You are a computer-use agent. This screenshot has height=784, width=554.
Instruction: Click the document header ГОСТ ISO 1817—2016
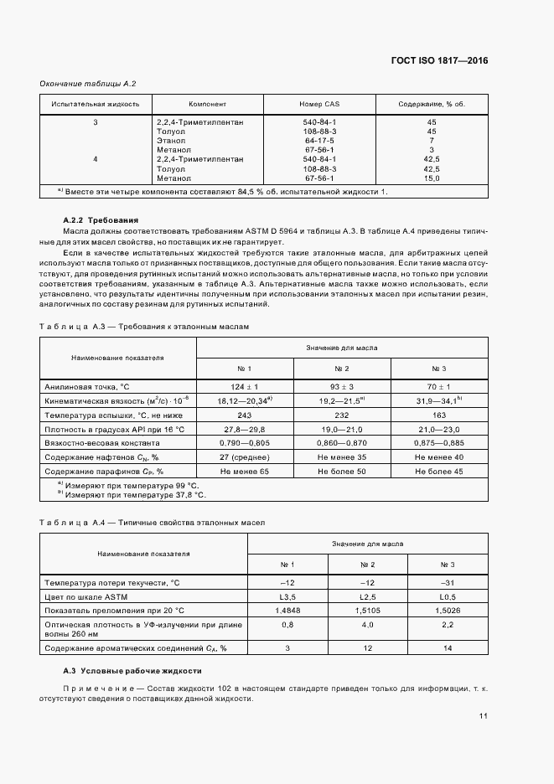click(438, 60)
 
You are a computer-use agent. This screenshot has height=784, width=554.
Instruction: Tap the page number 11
click(484, 716)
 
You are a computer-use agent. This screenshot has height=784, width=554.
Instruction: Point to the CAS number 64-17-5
click(319, 140)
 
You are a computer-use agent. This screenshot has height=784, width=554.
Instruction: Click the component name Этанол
click(171, 140)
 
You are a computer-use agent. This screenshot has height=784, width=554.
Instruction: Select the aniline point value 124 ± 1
click(245, 386)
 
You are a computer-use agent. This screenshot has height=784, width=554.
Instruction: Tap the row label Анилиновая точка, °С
click(88, 386)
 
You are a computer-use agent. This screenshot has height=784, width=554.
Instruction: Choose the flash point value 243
click(245, 415)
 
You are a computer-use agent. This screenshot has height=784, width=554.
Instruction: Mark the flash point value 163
click(440, 415)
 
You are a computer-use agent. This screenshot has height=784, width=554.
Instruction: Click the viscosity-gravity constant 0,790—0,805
click(245, 443)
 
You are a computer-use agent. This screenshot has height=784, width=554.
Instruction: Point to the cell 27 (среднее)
click(245, 457)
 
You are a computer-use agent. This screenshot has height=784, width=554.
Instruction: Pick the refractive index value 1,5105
click(367, 610)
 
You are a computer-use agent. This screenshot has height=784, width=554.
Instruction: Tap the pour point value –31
click(448, 581)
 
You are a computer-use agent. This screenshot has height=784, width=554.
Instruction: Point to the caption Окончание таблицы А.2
click(88, 84)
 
